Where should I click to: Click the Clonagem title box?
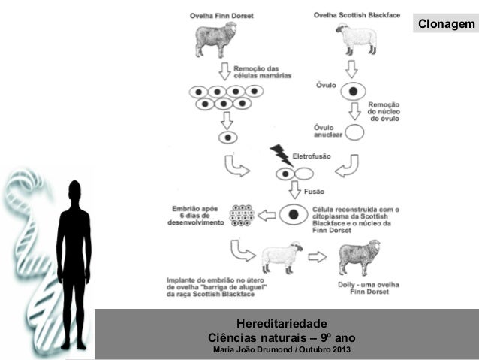point(445,25)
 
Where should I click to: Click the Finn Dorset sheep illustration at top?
point(217,40)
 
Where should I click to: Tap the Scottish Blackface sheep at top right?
point(355,39)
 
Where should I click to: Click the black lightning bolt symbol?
point(282,154)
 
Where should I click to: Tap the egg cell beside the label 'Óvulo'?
point(352,92)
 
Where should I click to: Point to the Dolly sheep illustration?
point(359,256)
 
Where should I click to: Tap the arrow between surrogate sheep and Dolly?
point(318,257)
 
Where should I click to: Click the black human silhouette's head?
point(74,193)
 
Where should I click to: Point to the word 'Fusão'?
point(314,192)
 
